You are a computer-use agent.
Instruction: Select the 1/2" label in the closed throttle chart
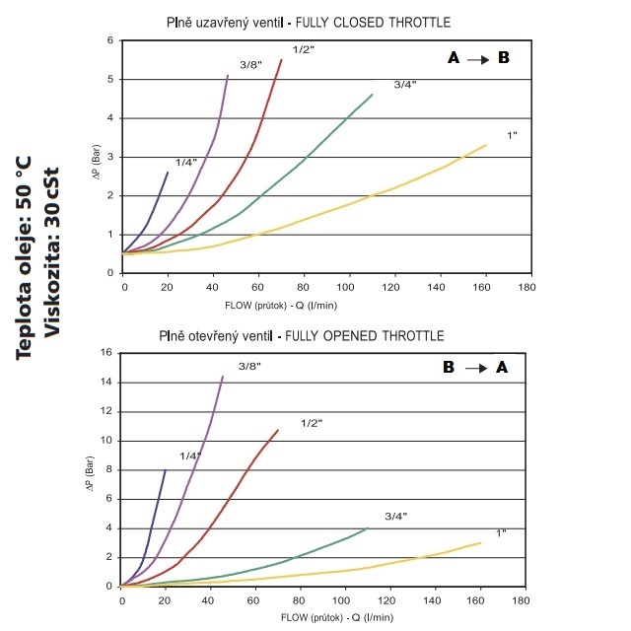click(x=304, y=49)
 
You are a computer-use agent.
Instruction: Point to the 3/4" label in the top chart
click(x=404, y=85)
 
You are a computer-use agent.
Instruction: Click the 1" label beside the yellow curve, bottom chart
click(x=501, y=533)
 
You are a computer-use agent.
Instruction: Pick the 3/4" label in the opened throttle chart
click(x=395, y=517)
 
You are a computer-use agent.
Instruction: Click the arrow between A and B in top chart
click(x=477, y=59)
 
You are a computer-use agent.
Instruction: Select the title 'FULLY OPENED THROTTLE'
click(x=365, y=337)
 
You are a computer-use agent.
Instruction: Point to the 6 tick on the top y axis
click(x=111, y=40)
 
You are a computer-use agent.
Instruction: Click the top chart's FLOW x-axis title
click(x=321, y=304)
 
